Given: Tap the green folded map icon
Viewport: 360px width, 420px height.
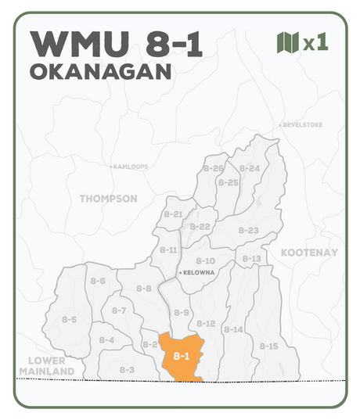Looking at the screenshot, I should click(288, 42).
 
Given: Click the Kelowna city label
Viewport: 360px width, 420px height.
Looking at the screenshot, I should click(197, 273).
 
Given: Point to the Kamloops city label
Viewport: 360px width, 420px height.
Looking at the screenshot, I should click(129, 167).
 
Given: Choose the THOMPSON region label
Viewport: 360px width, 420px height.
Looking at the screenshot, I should click(108, 199).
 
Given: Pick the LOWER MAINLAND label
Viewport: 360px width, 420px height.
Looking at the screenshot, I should click(45, 365).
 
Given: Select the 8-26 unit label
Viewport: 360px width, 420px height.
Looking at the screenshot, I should click(214, 168).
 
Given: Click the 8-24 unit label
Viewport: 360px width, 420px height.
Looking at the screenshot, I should click(250, 168).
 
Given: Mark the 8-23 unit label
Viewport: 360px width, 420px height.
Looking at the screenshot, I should click(248, 230).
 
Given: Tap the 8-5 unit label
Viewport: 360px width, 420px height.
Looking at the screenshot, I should click(69, 319).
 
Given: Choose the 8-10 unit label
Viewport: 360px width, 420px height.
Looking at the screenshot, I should click(205, 260).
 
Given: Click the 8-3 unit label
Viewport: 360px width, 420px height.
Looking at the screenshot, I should click(127, 369).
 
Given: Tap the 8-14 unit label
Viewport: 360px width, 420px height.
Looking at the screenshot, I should click(233, 329).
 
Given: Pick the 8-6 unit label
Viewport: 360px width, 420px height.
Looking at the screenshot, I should click(98, 281).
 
